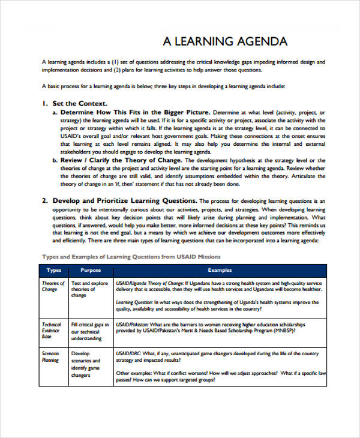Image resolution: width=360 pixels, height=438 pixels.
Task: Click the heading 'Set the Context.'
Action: (80, 103)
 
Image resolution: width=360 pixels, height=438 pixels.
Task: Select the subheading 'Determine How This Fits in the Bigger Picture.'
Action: (135, 112)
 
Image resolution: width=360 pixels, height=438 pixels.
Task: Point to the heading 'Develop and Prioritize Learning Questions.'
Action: (124, 200)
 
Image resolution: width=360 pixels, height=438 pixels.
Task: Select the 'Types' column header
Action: (54, 271)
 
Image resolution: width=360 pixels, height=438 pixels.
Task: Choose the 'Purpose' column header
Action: (91, 271)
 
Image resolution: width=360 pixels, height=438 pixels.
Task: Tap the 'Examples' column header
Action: (220, 271)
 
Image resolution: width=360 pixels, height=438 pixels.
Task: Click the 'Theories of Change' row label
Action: (53, 286)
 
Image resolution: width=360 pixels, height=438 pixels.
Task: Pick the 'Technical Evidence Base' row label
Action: (52, 331)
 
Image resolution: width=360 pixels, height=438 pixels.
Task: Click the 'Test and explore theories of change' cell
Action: (89, 289)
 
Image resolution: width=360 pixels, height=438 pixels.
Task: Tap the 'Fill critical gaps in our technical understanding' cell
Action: (91, 331)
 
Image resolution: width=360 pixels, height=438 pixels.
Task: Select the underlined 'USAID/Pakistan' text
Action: (133, 324)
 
